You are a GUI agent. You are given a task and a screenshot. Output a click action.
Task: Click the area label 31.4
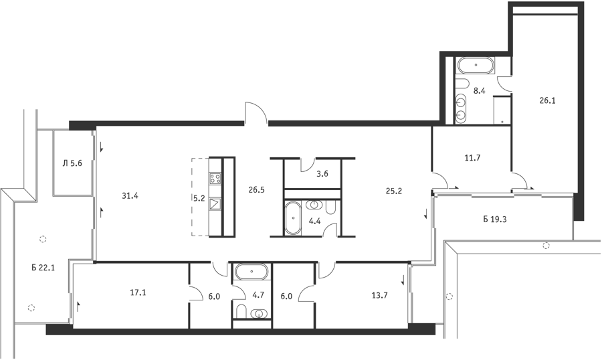click(x=130, y=196)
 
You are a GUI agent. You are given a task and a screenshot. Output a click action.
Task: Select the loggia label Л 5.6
click(x=72, y=163)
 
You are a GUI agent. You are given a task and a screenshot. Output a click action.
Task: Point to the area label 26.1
click(x=547, y=100)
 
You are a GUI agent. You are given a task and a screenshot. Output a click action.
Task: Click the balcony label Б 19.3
click(x=495, y=219)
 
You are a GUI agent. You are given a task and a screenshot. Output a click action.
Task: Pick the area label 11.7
click(x=473, y=157)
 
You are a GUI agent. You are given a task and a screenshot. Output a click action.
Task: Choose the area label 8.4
click(x=479, y=91)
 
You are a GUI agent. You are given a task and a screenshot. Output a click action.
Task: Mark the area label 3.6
click(x=322, y=174)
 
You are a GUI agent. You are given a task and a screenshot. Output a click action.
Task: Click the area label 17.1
click(x=138, y=293)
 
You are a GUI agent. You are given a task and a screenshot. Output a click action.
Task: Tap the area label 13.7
click(x=380, y=295)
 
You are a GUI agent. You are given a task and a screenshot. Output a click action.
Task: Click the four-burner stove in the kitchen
click(x=215, y=178)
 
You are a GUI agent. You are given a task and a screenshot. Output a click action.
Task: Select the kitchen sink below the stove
click(x=215, y=203)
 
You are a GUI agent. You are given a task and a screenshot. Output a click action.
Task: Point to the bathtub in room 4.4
click(x=294, y=217)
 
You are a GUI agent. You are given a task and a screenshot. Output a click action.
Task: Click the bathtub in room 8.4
click(x=476, y=65)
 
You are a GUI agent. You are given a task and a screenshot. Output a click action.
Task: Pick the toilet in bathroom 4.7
click(x=241, y=312)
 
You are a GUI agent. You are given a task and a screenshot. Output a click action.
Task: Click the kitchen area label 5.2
click(x=199, y=198)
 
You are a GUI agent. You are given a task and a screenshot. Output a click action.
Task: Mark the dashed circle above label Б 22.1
click(x=43, y=239)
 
